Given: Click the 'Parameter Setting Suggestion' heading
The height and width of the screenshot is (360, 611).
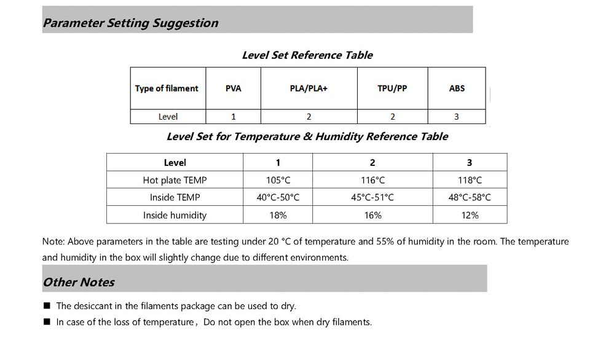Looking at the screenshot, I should (x=130, y=23).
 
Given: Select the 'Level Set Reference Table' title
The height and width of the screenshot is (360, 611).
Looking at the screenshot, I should (x=307, y=55).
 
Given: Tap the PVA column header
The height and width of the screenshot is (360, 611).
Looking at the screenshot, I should (x=233, y=88).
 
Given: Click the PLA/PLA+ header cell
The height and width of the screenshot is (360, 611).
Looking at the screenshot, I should (x=309, y=88).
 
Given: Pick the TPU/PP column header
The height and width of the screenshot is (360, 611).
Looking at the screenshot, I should (x=392, y=88).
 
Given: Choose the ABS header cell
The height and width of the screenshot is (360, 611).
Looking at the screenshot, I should (x=457, y=88).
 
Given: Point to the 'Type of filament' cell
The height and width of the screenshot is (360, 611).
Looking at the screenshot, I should (x=167, y=88).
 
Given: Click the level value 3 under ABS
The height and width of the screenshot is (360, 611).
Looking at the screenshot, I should (x=456, y=117).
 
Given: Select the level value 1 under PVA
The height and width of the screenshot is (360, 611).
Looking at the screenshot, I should (x=233, y=117).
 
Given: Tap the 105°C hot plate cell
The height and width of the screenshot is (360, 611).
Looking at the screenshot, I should (x=278, y=181).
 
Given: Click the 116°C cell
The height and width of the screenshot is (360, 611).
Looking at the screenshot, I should (x=373, y=181).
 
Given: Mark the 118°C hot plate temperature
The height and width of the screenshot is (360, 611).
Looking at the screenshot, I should (x=470, y=181).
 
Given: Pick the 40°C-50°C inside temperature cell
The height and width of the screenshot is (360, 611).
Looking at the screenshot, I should (x=278, y=198).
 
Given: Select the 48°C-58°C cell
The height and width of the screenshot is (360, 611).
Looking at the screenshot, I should (x=470, y=198).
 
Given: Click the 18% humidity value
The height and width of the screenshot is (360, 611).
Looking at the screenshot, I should (x=278, y=216).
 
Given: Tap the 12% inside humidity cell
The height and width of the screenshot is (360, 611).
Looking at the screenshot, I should (x=470, y=216).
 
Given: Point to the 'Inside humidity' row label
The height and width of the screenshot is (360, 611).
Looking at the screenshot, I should (x=175, y=216).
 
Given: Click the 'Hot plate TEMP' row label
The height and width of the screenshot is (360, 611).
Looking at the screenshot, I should (x=175, y=181).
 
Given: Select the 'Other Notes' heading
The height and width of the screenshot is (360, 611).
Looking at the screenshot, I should (x=79, y=283).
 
